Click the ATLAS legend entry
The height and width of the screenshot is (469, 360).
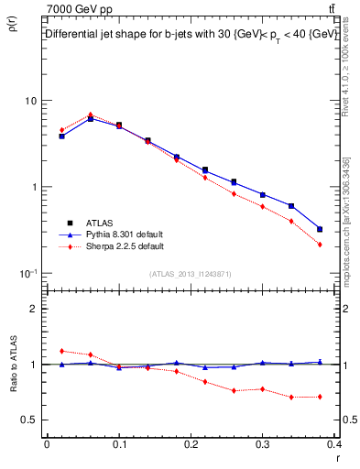click(x=100, y=223)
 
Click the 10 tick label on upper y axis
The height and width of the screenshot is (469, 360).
click(x=30, y=100)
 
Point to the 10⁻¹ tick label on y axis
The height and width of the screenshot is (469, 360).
click(x=27, y=273)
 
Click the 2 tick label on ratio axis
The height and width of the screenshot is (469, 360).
click(x=33, y=309)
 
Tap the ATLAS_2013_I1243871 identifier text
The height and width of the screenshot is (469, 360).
click(x=191, y=274)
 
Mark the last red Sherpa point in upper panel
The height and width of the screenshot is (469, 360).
click(x=320, y=245)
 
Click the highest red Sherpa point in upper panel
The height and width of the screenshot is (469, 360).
click(x=90, y=115)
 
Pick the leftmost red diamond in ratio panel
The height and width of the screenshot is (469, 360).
click(x=61, y=351)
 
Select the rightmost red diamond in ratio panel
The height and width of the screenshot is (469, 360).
click(x=320, y=397)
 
